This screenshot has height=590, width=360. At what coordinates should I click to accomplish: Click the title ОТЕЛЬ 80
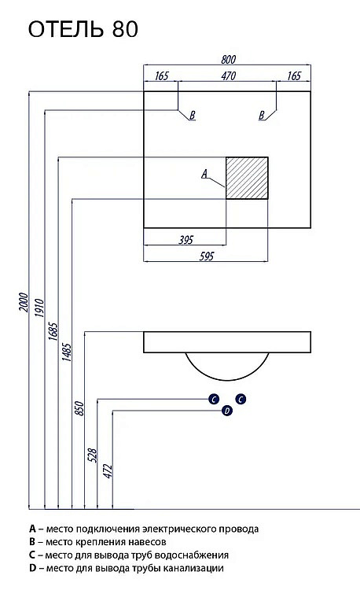point(83,29)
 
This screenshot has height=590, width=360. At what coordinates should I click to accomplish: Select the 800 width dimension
point(228,60)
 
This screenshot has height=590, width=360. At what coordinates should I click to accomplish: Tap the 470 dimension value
point(228,76)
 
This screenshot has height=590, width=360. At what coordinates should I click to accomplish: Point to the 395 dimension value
point(186,240)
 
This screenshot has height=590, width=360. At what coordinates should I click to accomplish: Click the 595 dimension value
point(206,256)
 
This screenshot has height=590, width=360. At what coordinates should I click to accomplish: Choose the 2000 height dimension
point(24,302)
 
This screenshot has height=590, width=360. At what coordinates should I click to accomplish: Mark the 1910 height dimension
point(39,308)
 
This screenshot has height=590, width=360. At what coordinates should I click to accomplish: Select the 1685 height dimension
point(53,331)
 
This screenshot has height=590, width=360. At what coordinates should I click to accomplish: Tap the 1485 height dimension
point(67,352)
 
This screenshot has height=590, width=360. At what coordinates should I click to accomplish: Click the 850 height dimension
point(79,408)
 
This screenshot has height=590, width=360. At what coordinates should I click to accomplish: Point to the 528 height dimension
point(93,455)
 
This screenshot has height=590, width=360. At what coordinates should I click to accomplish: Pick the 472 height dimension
point(108,471)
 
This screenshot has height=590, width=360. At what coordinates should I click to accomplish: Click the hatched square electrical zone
point(247,178)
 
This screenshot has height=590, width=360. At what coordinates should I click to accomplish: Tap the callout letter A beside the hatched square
point(204,174)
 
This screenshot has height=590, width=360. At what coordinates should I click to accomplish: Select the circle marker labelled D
point(227,411)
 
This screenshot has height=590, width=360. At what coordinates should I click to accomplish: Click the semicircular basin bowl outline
point(227,380)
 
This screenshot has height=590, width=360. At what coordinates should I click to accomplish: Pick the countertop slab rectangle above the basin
point(227,342)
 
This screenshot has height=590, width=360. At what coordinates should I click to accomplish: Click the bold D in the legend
point(32,568)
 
